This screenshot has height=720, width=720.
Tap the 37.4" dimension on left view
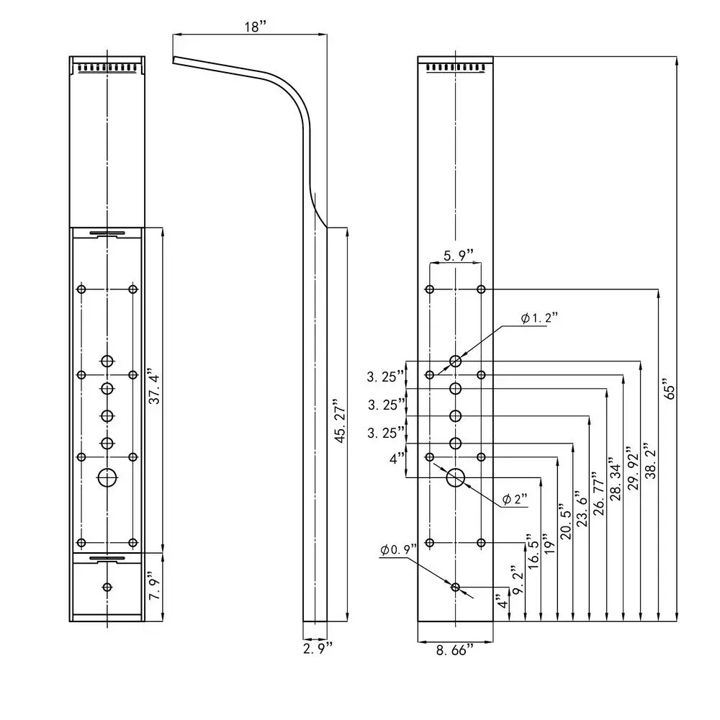click(154, 387)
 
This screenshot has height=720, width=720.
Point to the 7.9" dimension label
click(153, 588)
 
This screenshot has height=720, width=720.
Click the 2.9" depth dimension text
click(317, 648)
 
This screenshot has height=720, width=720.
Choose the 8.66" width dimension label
click(455, 650)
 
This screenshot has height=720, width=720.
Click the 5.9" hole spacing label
click(459, 255)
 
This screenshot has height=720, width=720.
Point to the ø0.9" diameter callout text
click(399, 550)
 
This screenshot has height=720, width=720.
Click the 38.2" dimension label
click(650, 465)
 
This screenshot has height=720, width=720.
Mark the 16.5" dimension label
click(534, 553)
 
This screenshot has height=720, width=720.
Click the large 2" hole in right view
click(456, 477)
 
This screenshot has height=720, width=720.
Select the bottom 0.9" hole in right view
click(455, 588)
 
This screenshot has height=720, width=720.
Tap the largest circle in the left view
click(107, 477)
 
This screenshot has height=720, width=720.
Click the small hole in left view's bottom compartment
click(107, 588)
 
